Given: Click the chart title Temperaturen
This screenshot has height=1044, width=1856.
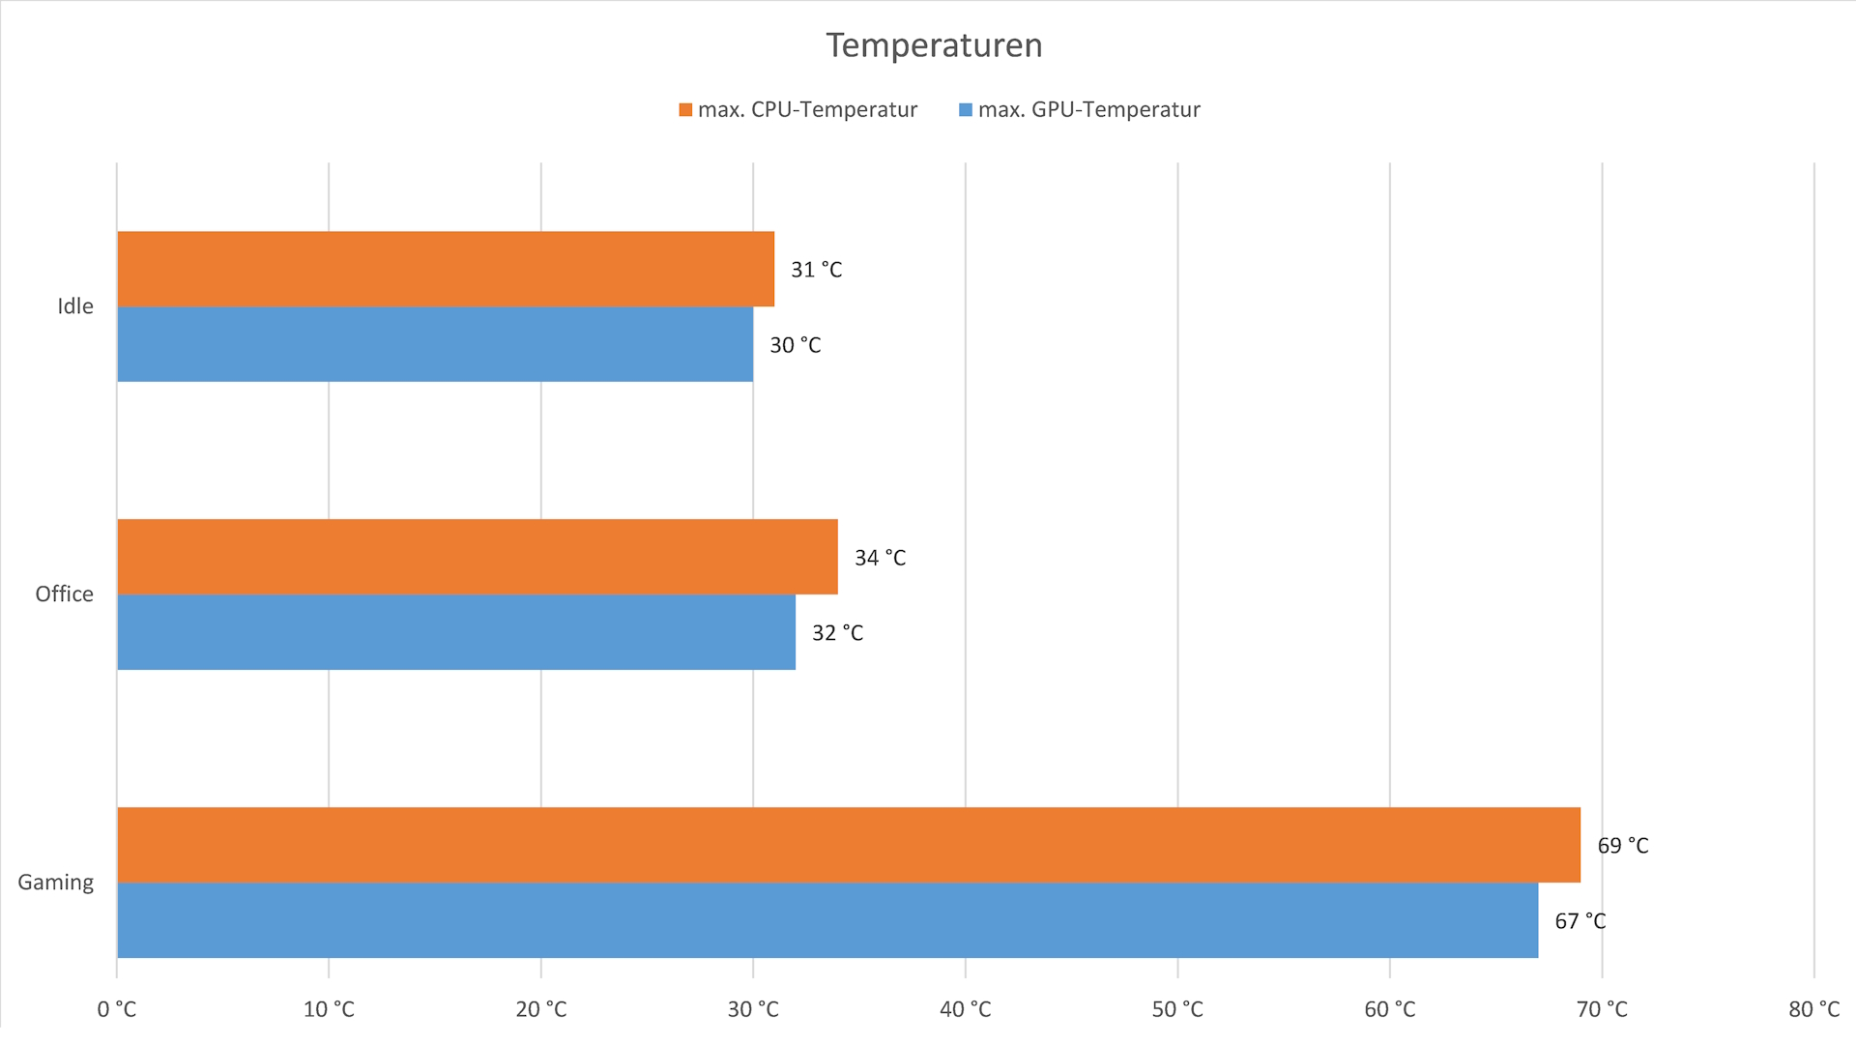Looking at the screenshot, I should (934, 45).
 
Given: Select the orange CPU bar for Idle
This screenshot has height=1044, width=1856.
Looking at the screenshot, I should (446, 269).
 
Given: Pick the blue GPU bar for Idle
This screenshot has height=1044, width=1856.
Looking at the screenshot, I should (435, 344).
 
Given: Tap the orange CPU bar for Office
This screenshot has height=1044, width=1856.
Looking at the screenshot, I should (478, 557).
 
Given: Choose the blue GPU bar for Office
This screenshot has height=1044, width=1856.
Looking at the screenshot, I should (456, 632).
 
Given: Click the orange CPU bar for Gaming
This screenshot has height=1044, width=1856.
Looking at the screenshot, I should (849, 845).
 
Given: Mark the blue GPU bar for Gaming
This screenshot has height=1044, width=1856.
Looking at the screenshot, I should (827, 920).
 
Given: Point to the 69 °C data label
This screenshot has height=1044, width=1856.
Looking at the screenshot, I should (1623, 846).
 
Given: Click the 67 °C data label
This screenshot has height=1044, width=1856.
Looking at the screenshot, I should (1580, 921).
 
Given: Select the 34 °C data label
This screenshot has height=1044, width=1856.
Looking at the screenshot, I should (880, 558).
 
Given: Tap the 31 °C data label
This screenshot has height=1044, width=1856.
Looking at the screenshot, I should (816, 270).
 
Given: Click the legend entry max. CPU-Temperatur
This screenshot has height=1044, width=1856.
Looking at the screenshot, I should (807, 110).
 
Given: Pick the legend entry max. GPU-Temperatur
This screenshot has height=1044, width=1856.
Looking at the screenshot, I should (1088, 110).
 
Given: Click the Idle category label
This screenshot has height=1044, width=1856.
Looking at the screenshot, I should (75, 306).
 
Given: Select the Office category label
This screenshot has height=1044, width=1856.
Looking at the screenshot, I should (65, 594).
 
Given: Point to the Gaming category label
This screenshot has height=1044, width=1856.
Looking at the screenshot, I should (56, 883).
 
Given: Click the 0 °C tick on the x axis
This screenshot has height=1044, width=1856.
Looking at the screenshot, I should (117, 1010).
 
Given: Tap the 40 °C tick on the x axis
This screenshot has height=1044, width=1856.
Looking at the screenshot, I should (966, 1010).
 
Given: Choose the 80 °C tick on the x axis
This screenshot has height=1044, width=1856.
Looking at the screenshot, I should (1813, 1010).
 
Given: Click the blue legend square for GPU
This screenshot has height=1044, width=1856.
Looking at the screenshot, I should (965, 110).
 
